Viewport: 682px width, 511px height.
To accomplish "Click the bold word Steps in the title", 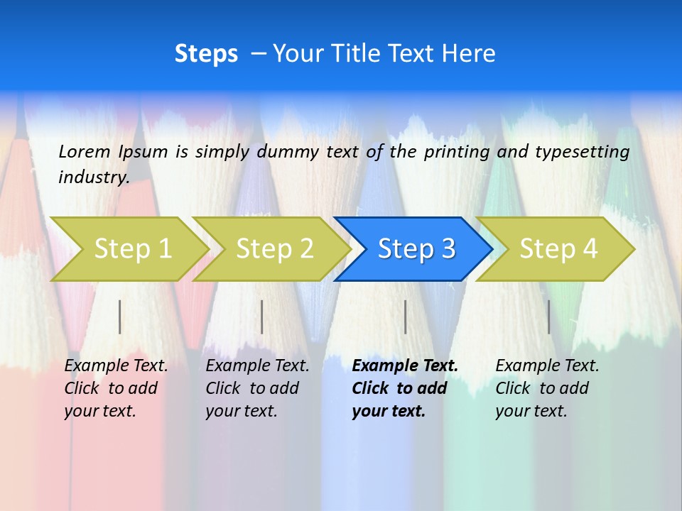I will pos(206,53).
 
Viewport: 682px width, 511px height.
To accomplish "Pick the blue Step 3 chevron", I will pos(413,248).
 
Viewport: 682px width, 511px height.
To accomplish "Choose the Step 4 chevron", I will pos(556,248).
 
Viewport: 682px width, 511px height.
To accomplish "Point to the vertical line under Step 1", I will pos(120,317).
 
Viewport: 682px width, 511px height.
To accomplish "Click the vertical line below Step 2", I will pos(262,317).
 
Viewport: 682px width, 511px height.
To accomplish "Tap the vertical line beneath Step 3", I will pos(406,317).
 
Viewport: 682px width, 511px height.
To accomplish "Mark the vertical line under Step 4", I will pos(549,317).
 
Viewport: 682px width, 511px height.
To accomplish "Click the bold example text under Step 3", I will pos(404,388).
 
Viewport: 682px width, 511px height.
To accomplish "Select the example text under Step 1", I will pos(116,388).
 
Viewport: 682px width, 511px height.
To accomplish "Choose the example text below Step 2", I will pos(257,388).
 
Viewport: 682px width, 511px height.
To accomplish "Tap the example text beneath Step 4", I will pos(547,388).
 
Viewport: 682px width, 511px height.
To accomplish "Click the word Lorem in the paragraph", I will pos(85,151).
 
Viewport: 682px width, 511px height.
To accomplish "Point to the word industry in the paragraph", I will pos(94,177).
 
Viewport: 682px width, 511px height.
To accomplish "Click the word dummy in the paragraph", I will pos(288,151).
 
